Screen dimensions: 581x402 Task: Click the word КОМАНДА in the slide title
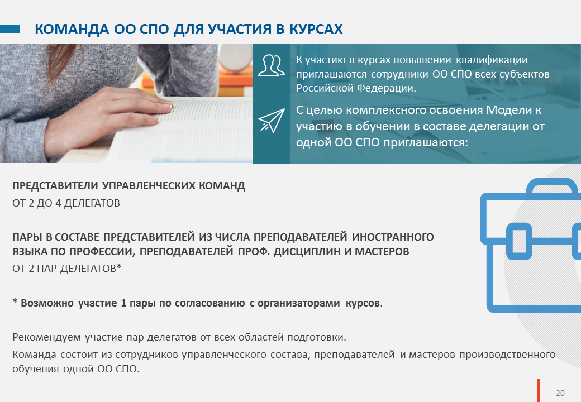pos(72,29)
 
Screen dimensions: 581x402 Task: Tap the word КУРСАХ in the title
pos(316,29)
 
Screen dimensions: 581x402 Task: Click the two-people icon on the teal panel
pos(272,65)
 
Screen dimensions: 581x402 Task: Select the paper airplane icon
pos(272,120)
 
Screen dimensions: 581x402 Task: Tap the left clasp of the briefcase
pos(519,241)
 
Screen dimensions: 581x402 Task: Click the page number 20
pos(560,393)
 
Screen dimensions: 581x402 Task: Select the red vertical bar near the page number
pos(539,390)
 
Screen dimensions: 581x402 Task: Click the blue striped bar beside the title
pos(10,29)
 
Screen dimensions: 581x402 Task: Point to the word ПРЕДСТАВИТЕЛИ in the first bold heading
pos(55,185)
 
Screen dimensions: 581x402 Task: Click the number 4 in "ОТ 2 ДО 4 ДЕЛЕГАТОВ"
pos(58,203)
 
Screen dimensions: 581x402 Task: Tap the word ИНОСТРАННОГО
pos(393,237)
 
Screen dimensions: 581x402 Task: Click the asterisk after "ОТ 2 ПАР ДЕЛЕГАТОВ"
pos(119,267)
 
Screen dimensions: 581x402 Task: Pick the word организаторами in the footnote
pos(299,303)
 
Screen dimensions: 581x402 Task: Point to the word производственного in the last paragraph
pos(507,355)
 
